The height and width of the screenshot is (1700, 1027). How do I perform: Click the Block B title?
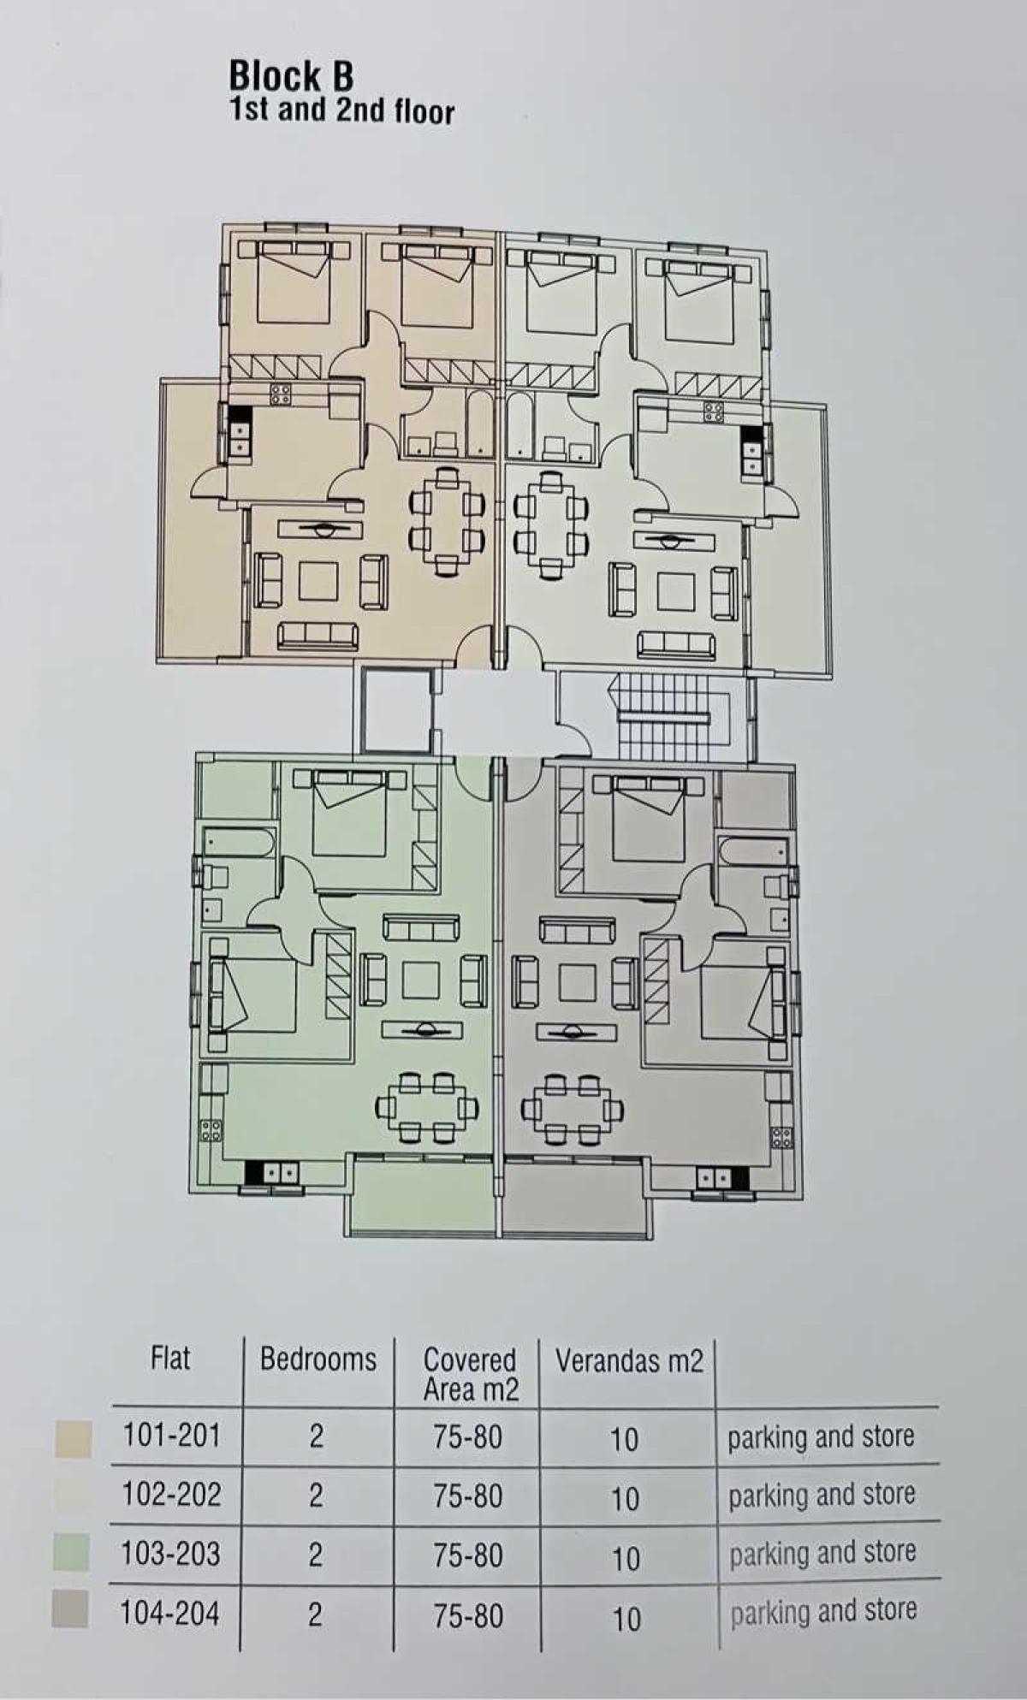(x=291, y=76)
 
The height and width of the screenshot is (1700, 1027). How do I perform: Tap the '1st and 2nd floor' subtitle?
(x=341, y=111)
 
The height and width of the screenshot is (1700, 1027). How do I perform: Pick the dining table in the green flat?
(x=425, y=1108)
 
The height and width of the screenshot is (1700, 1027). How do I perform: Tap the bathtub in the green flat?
(x=239, y=842)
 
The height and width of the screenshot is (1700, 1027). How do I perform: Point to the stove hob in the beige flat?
(x=281, y=394)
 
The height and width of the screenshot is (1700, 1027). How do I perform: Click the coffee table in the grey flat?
(x=579, y=981)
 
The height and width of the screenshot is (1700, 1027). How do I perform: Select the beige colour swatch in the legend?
(x=73, y=1438)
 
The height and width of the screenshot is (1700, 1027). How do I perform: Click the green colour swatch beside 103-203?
(x=70, y=1553)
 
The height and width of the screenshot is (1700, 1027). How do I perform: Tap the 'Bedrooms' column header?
(x=318, y=1359)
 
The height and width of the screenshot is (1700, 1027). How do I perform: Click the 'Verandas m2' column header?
(x=629, y=1360)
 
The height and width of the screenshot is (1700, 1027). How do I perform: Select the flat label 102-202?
(x=172, y=1494)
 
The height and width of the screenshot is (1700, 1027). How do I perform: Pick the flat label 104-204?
(x=170, y=1613)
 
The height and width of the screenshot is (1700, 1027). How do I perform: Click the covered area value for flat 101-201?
(x=467, y=1437)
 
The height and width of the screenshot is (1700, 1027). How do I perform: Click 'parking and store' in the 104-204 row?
(x=823, y=1612)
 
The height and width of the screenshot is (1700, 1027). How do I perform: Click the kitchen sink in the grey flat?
(x=712, y=1177)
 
